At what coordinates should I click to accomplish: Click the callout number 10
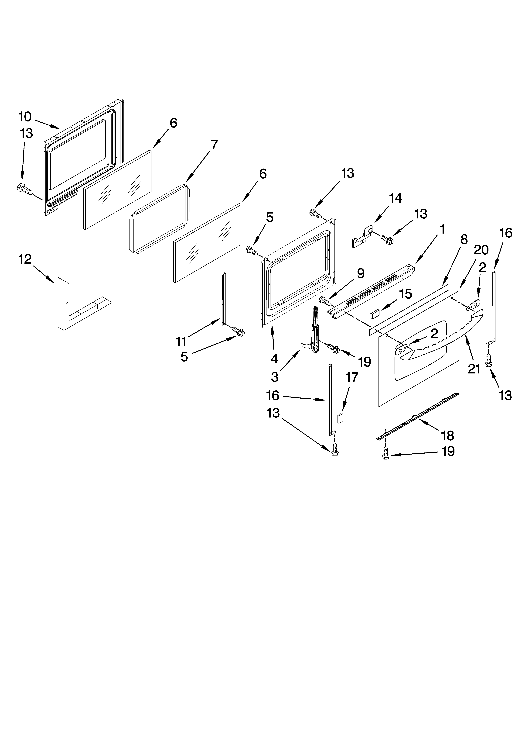click(25, 117)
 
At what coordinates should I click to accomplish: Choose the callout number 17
click(352, 378)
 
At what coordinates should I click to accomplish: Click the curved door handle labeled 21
click(447, 337)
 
